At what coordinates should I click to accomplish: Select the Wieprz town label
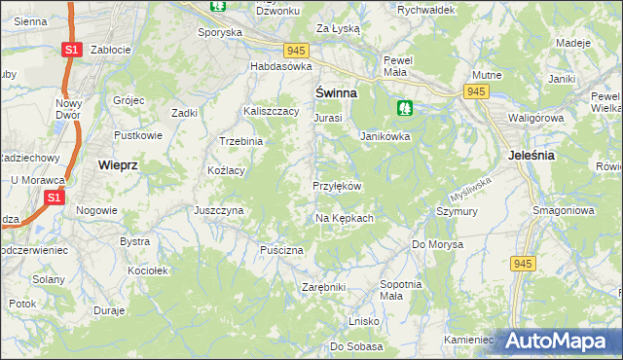click(118, 165)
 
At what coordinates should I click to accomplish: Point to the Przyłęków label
click(338, 186)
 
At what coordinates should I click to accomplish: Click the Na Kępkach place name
click(344, 219)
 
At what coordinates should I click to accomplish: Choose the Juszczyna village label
click(218, 210)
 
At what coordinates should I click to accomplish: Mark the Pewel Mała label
click(399, 65)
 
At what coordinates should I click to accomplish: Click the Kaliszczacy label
click(271, 112)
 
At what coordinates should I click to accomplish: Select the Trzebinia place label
click(241, 141)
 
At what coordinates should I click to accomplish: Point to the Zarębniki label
click(324, 288)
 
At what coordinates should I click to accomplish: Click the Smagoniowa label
click(563, 210)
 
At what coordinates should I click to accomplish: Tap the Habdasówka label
click(280, 66)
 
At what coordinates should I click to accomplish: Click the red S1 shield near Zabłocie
click(70, 49)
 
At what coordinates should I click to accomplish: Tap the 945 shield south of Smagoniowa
click(524, 263)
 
